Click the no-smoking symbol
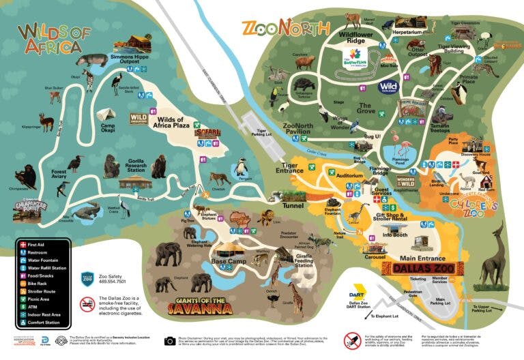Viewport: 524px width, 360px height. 87,304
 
